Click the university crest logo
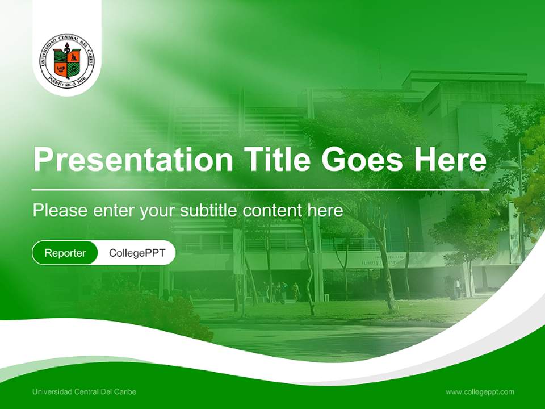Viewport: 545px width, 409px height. (67, 61)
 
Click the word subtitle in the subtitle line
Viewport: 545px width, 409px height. (209, 211)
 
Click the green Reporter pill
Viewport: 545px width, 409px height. (65, 253)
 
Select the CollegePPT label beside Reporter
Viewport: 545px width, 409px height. (137, 253)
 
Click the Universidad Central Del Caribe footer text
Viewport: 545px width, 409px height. (85, 391)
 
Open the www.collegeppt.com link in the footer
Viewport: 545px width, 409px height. (480, 391)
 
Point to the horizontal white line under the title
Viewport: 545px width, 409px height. (261, 189)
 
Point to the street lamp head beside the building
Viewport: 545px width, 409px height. (509, 165)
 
